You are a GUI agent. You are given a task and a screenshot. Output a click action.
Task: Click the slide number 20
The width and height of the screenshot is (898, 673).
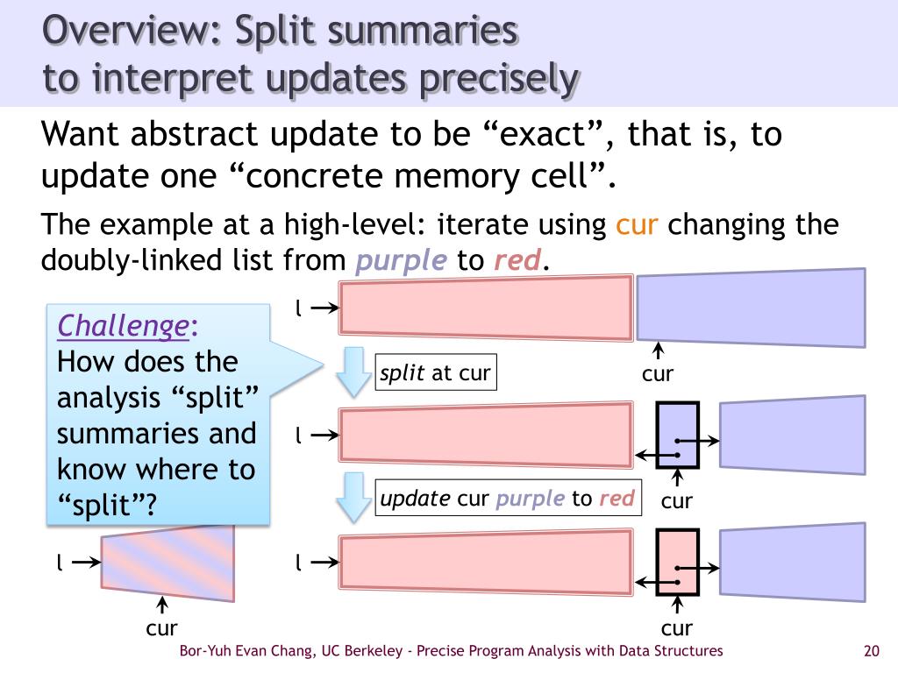pyautogui.click(x=871, y=651)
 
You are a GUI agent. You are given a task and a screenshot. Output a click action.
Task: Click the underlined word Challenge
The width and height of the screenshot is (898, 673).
pyautogui.click(x=122, y=326)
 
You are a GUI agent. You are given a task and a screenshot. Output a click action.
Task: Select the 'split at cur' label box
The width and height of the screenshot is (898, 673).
pyautogui.click(x=434, y=373)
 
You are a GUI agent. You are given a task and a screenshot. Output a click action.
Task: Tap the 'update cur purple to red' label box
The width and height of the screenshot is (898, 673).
pyautogui.click(x=507, y=499)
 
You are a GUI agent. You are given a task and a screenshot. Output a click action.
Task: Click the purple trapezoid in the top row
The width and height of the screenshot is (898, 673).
pyautogui.click(x=750, y=308)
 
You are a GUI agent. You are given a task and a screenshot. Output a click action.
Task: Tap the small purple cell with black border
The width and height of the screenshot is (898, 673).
pyautogui.click(x=677, y=436)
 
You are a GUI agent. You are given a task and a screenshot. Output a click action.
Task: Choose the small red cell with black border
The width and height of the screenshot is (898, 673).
pyautogui.click(x=677, y=563)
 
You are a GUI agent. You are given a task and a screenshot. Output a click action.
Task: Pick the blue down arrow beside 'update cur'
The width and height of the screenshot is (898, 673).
pyautogui.click(x=354, y=497)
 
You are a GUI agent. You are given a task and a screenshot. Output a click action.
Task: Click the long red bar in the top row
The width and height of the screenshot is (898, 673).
pyautogui.click(x=486, y=307)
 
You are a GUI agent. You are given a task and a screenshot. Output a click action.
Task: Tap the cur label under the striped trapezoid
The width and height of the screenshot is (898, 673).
pyautogui.click(x=162, y=627)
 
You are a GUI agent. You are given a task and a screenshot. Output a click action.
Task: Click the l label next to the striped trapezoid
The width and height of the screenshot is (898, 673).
pyautogui.click(x=59, y=563)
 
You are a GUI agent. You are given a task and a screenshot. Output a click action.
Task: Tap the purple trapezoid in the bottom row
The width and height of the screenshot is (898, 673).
pyautogui.click(x=792, y=563)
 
